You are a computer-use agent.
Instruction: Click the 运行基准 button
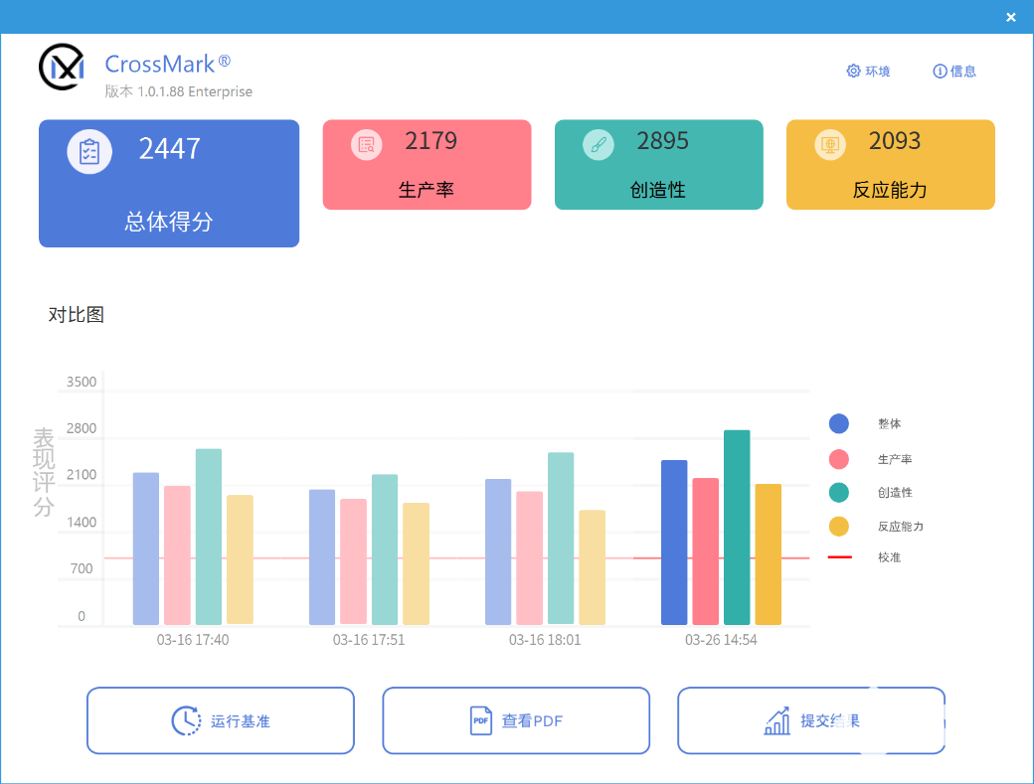(220, 720)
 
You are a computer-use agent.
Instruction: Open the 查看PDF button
(515, 720)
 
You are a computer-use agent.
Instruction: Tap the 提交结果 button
(810, 720)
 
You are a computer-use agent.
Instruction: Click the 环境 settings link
(868, 72)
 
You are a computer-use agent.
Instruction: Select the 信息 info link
(954, 72)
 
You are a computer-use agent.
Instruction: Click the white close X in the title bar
(1010, 17)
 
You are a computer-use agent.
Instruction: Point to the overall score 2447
(169, 149)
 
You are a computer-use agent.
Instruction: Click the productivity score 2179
(431, 141)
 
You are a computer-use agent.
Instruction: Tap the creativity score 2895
(662, 141)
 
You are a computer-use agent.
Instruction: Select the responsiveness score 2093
(895, 141)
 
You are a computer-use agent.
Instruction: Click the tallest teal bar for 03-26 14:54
(737, 527)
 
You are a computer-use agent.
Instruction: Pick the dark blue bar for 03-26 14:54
(674, 542)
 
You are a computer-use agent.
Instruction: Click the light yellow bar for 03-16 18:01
(592, 566)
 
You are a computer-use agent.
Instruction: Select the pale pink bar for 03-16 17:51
(353, 561)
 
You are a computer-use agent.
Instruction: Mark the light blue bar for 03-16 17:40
(145, 549)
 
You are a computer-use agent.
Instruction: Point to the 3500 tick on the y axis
(82, 383)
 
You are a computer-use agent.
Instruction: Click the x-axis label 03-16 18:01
(545, 640)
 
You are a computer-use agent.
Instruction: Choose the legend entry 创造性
(894, 492)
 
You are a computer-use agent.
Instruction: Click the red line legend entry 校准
(888, 557)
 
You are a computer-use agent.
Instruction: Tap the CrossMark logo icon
(61, 66)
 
